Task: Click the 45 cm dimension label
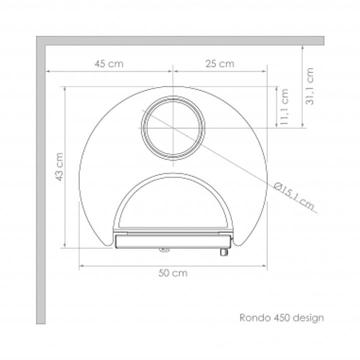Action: point(109,64)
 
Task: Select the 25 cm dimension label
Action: point(219,64)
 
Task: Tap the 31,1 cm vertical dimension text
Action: point(310,86)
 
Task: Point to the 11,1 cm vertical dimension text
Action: point(284,107)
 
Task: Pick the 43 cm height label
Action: point(59,167)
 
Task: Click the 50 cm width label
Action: point(173,273)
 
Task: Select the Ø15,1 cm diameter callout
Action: point(294,196)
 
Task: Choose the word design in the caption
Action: point(308,317)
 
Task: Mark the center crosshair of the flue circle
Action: point(173,128)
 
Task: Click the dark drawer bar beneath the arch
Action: point(170,241)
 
